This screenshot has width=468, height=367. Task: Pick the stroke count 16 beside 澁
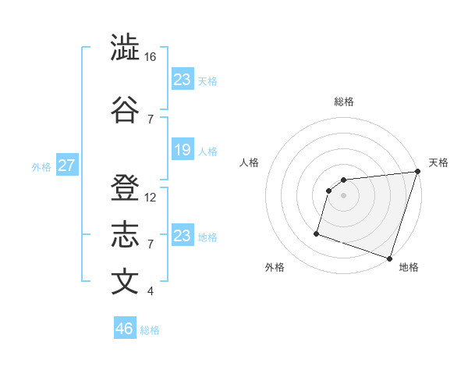151,57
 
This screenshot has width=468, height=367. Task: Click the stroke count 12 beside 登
151,198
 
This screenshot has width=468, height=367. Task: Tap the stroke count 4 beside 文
151,291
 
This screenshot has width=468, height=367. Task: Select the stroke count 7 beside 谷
151,119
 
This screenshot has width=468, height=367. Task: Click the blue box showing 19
183,150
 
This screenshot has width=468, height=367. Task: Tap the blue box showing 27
67,166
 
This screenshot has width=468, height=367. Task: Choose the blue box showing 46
125,329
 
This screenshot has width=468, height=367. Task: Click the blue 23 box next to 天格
183,80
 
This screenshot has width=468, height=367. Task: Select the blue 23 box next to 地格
183,236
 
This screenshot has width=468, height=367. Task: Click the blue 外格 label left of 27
41,166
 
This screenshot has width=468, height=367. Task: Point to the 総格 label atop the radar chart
343,102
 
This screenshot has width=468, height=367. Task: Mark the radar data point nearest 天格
417,172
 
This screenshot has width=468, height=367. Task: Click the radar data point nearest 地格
389,258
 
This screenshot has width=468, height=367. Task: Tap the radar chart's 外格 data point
317,233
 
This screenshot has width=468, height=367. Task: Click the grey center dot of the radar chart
343,196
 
